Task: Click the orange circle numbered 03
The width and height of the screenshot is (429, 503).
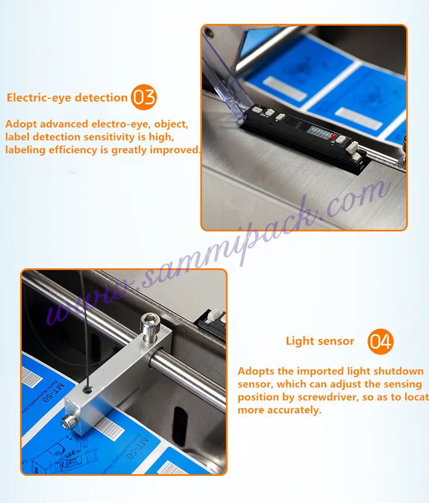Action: tap(144, 98)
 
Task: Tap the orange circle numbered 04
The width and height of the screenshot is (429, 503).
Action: tap(380, 342)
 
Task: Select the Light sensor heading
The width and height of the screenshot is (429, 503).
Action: tap(320, 341)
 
